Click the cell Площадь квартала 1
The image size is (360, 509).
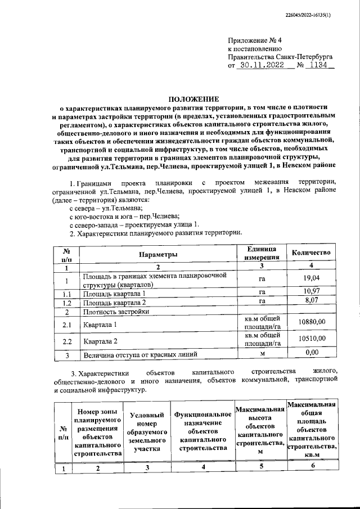tap(114, 294)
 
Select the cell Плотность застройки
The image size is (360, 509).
tap(116, 312)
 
